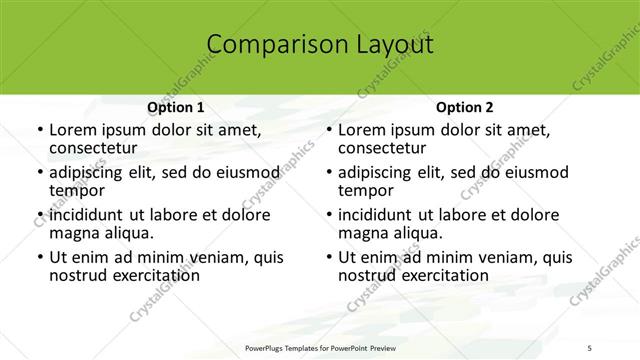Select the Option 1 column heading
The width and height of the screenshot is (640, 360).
pyautogui.click(x=176, y=107)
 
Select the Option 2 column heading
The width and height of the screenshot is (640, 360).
pyautogui.click(x=464, y=107)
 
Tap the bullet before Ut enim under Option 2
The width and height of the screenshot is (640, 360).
pyautogui.click(x=328, y=258)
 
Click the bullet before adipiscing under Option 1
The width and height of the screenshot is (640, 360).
pyautogui.click(x=39, y=172)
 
